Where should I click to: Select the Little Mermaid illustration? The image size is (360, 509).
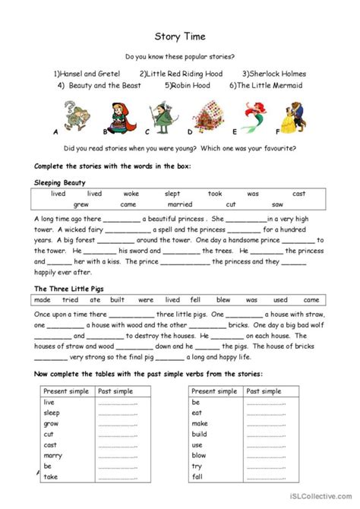pyautogui.click(x=254, y=119)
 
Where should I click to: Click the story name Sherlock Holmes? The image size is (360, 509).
pyautogui.click(x=274, y=74)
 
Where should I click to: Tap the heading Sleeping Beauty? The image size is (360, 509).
pyautogui.click(x=60, y=182)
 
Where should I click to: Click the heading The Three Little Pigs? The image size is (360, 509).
pyautogui.click(x=68, y=289)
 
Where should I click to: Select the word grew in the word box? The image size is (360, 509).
pyautogui.click(x=81, y=204)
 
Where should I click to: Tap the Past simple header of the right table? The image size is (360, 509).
pyautogui.click(x=263, y=391)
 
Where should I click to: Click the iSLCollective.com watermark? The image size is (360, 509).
pyautogui.click(x=320, y=501)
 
